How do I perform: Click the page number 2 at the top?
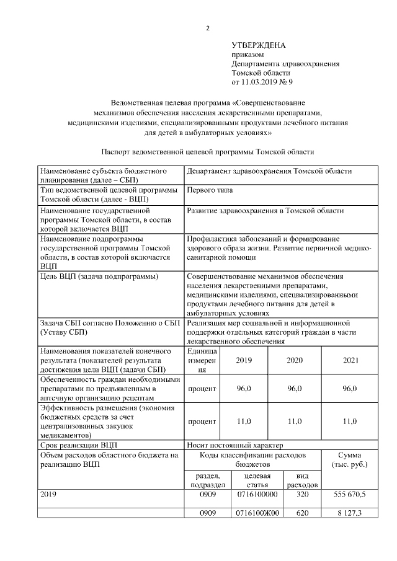[x=208, y=28]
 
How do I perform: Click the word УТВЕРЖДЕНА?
[x=259, y=46]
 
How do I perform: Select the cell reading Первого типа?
[x=210, y=190]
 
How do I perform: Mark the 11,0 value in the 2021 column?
[x=350, y=422]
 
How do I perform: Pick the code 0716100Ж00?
[x=257, y=513]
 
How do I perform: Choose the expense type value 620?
[x=302, y=513]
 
